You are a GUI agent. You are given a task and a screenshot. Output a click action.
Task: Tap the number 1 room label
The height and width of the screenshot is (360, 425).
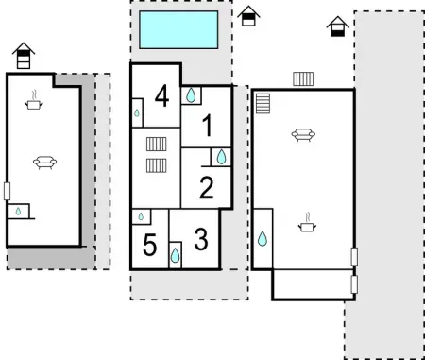208,124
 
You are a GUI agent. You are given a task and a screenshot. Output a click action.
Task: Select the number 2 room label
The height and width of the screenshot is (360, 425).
207,188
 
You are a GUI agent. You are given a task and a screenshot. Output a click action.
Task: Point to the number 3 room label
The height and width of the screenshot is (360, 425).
200,238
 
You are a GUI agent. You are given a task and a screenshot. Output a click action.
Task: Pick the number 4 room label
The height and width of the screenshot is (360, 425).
161,95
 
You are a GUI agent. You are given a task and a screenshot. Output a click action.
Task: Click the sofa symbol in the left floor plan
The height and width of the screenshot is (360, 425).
43,163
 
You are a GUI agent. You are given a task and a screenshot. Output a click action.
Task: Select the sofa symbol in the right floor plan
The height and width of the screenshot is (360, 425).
303,134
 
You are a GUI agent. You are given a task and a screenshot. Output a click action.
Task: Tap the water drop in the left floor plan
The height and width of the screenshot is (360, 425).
18,212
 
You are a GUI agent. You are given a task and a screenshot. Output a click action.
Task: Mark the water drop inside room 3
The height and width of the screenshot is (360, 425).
176,254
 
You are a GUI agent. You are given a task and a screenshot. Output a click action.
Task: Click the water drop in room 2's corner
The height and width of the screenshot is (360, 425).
222,157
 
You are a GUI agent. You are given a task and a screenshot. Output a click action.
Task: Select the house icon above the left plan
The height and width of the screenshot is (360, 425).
25,57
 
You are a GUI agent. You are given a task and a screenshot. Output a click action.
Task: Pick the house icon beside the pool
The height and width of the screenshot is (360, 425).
248,16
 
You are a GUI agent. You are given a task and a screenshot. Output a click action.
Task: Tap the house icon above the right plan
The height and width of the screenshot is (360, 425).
337,26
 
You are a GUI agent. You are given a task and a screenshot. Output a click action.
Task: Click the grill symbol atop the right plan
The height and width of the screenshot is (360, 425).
303,79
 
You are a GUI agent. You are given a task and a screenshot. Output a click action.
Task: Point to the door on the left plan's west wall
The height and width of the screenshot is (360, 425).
7,190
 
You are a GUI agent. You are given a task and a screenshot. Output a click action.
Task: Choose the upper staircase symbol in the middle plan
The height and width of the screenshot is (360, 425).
157,144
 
